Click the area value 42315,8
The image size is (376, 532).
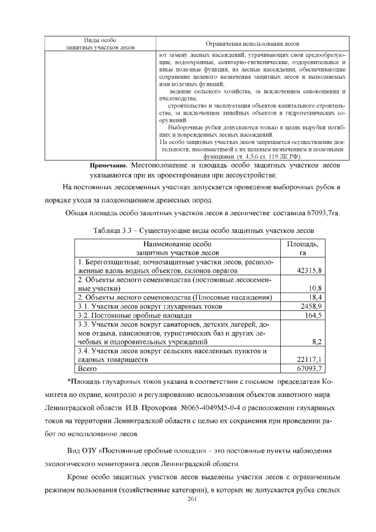coord(310,270)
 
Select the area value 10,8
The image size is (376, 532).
coord(315,289)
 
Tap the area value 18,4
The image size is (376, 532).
coord(315,298)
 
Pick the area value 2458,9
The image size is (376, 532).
coord(311,306)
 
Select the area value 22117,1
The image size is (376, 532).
coord(310,359)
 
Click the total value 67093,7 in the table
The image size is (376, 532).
coord(310,368)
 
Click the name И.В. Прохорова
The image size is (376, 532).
coord(152,407)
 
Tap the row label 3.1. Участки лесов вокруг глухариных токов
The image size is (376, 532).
coord(146,306)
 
